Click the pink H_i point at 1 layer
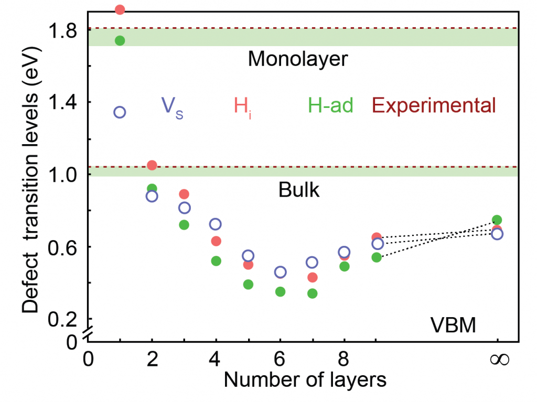click(x=120, y=9)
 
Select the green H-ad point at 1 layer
click(x=120, y=41)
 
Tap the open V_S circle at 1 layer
click(x=120, y=112)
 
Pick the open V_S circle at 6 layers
click(x=281, y=272)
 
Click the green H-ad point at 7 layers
click(x=313, y=294)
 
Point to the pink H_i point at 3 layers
click(x=184, y=194)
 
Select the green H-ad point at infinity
click(x=497, y=220)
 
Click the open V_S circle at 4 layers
click(x=216, y=224)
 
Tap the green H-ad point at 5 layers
click(x=248, y=285)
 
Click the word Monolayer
click(x=297, y=59)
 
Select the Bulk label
click(x=298, y=190)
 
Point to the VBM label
click(x=453, y=327)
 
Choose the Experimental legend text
click(x=434, y=106)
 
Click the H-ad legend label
click(x=330, y=106)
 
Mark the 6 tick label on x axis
click(x=281, y=361)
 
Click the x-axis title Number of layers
click(x=305, y=380)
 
